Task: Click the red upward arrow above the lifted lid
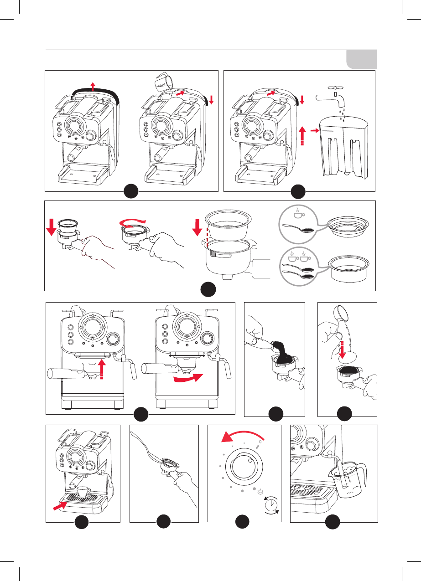[93, 86]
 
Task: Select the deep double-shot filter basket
[348, 268]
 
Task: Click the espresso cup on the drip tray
[83, 491]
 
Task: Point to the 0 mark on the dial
[260, 441]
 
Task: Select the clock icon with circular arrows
[271, 505]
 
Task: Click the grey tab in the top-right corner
[361, 59]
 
